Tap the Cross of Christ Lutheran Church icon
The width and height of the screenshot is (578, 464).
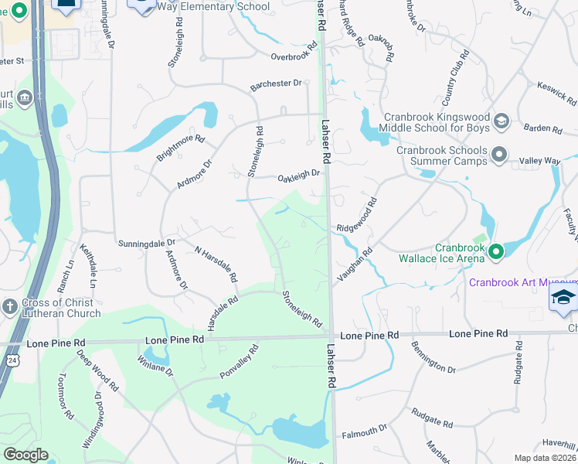[x=10, y=305]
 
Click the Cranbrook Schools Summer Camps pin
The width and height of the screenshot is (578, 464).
[x=498, y=153]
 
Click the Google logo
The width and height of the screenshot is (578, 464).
[x=25, y=455]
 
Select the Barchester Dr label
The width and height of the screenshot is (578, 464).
[x=275, y=87]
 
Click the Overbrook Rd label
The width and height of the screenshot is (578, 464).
[x=294, y=53]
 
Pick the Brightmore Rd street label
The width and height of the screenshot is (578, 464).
[x=180, y=148]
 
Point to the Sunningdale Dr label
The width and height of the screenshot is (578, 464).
[x=147, y=243]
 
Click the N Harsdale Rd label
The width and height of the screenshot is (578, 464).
[x=216, y=264]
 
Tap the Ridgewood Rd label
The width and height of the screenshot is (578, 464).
[x=357, y=217]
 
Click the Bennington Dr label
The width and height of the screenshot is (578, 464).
[x=433, y=358]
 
